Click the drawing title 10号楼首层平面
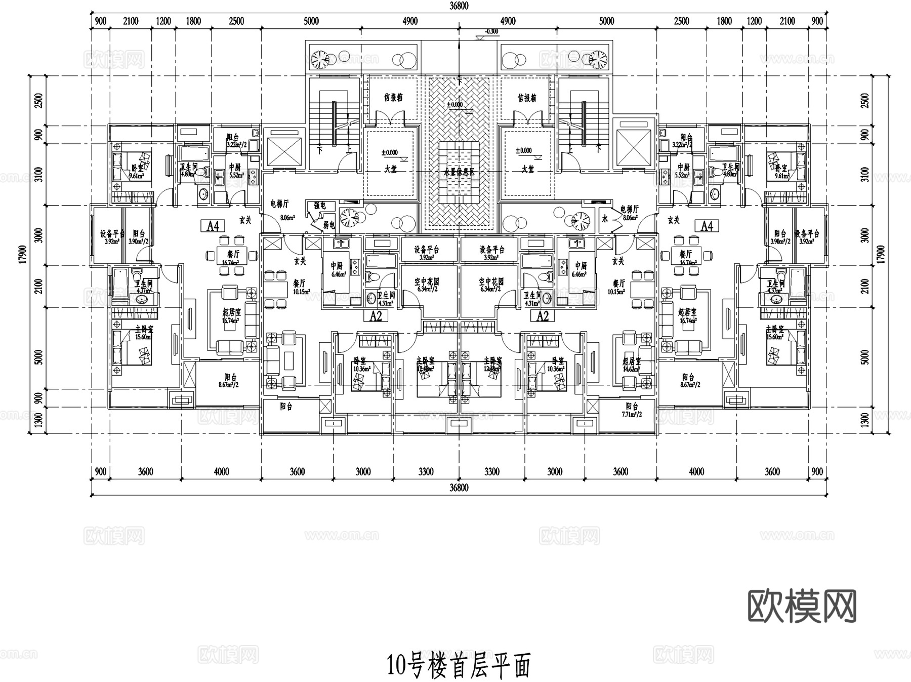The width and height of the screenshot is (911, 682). tap(459, 666)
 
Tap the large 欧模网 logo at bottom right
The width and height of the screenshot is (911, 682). tap(802, 606)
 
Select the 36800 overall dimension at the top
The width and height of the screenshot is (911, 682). tap(459, 6)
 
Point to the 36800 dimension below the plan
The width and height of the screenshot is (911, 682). tap(459, 488)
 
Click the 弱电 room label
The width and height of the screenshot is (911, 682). tap(329, 224)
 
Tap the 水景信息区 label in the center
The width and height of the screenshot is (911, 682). tap(459, 172)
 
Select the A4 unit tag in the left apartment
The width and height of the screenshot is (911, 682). tap(213, 226)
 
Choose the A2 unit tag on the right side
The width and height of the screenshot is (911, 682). tap(542, 316)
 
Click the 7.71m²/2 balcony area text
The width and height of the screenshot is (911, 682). tap(631, 414)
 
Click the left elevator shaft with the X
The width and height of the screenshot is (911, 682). tap(282, 150)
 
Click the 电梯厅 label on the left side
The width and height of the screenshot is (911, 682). tap(279, 204)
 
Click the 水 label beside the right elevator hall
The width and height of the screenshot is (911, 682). tap(604, 219)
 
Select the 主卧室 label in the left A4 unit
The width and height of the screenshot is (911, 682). tap(144, 330)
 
